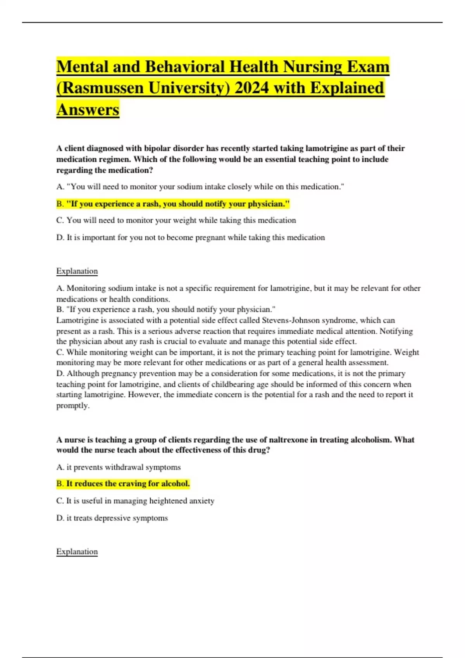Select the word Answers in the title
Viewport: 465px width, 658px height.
coord(88,110)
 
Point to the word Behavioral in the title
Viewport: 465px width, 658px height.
coord(185,67)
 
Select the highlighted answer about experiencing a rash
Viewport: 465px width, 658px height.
coord(173,204)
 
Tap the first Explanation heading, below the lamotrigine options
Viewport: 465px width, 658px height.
coord(77,271)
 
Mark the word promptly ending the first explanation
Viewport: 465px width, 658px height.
coord(72,406)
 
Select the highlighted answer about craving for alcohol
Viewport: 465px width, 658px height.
coord(123,483)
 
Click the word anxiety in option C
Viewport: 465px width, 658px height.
coord(201,501)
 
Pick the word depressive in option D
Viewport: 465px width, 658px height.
coord(107,518)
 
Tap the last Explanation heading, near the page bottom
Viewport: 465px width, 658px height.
coord(77,552)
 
